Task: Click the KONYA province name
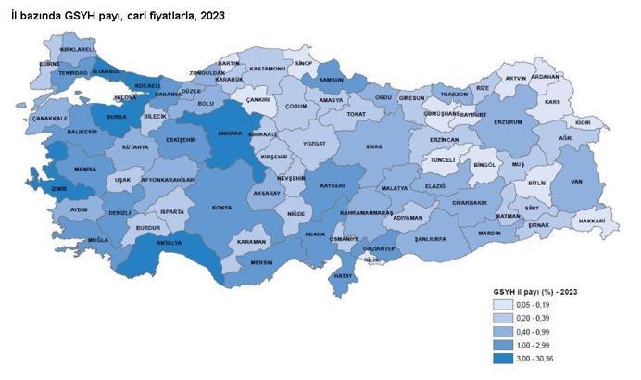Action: tap(221, 208)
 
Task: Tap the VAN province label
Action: tap(574, 181)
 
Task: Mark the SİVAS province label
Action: tap(373, 146)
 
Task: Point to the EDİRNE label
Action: tap(50, 64)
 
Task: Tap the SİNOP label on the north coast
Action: tap(304, 64)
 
